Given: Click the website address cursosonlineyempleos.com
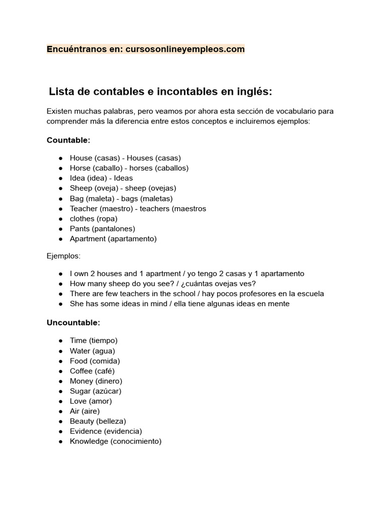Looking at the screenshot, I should [185, 49].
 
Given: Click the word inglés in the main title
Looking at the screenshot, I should [251, 92].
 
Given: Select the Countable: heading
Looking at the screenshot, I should [68, 140].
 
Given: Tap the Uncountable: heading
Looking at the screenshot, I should [73, 323].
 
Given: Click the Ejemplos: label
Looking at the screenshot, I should [63, 256].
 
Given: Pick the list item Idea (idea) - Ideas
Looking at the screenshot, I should [101, 178].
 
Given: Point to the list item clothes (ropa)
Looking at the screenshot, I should [93, 219].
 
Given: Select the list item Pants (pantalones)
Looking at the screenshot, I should [102, 229].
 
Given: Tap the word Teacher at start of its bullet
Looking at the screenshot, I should [83, 209].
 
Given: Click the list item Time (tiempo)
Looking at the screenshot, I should [93, 341].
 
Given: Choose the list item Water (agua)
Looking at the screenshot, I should [92, 351].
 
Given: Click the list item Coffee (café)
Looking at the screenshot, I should [92, 371].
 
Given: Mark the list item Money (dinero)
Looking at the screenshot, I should [95, 381].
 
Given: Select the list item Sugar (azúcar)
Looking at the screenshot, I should [95, 391].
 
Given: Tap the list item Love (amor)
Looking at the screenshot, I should [90, 401].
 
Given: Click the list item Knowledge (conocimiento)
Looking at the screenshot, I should [116, 441].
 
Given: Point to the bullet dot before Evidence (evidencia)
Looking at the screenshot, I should [60, 431].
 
